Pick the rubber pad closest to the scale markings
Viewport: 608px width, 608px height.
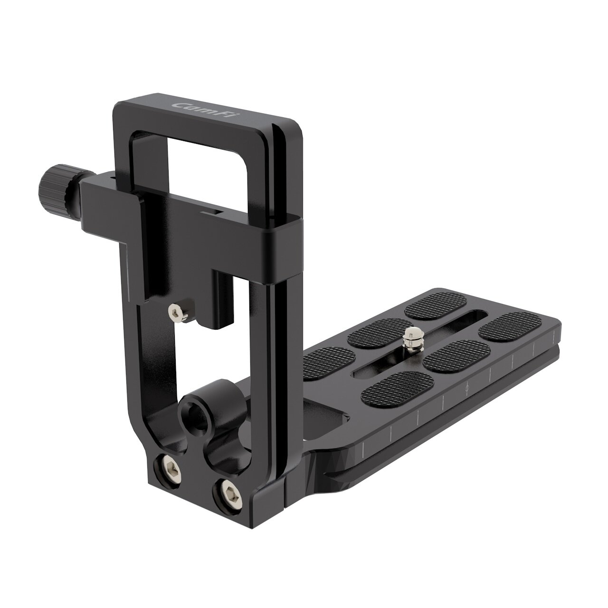pos(397,388)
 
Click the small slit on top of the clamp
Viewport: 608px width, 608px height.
pos(209,211)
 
